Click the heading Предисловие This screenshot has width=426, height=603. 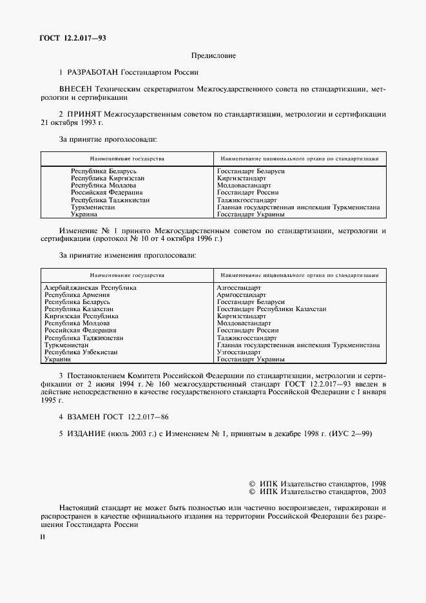pos(213,56)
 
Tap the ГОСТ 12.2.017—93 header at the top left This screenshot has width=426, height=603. pos(73,38)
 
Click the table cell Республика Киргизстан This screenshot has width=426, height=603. pos(108,178)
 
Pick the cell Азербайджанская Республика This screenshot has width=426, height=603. pos(90,287)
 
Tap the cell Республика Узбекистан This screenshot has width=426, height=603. pos(81,352)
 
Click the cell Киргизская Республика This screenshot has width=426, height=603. pos(81,316)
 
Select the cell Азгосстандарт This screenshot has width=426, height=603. pos(239,287)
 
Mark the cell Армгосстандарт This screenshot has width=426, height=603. pos(241,294)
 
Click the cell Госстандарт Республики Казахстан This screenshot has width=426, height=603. pos(271,309)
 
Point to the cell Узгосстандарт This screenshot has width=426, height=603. pos(238,352)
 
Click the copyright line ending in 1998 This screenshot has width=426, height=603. pos(317,483)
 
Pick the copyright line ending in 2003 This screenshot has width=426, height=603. pos(317,492)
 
